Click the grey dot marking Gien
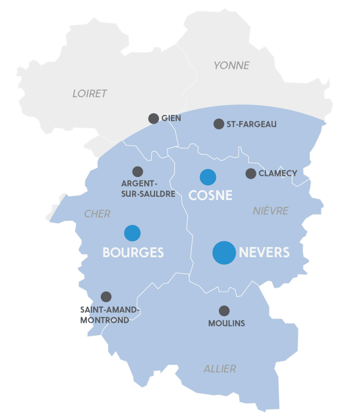point(153,118)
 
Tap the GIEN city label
point(171,118)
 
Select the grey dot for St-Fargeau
point(219,124)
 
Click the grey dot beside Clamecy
point(251,173)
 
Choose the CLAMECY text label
point(278,173)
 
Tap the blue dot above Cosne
point(208,177)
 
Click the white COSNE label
point(210,196)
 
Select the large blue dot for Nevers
point(224,253)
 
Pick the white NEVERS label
point(264,253)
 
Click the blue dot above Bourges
point(132,233)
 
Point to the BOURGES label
point(133,253)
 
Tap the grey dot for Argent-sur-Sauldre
point(138,171)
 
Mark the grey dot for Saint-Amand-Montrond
point(106,297)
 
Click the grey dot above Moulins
point(224,311)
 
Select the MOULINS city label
point(227,323)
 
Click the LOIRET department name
point(89,93)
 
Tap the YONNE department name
point(231,65)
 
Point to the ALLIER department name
point(220,369)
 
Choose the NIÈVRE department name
point(270,211)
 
